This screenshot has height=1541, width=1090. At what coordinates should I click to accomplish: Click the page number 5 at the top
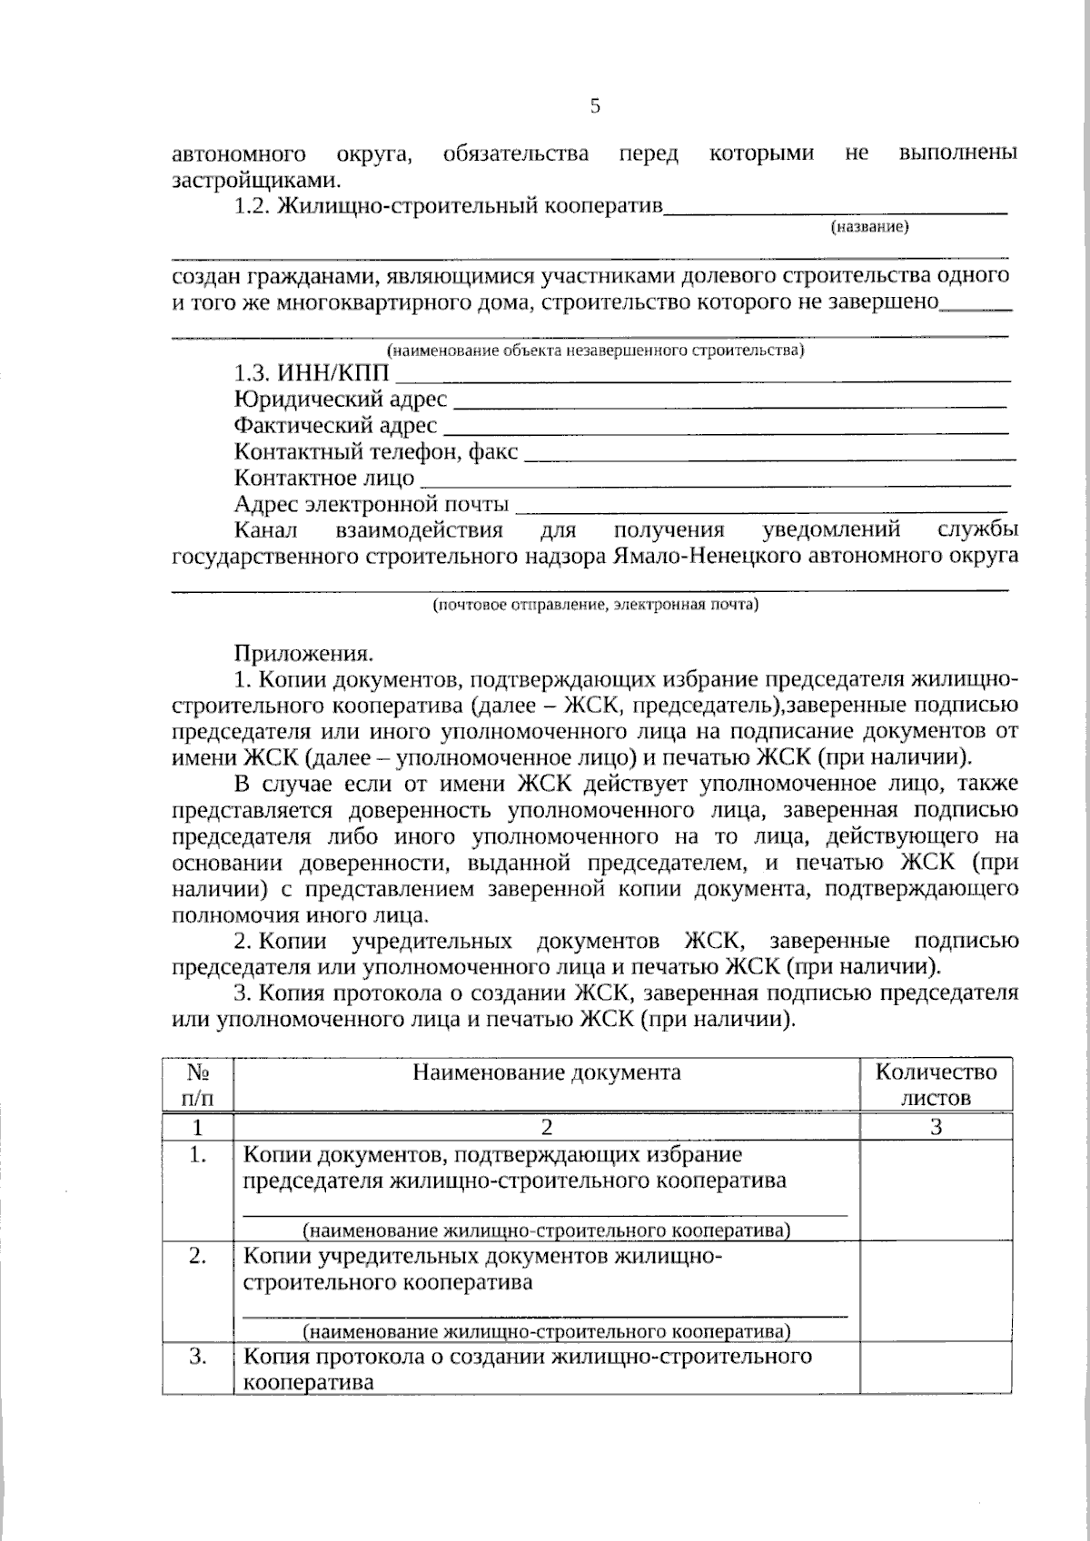tap(595, 106)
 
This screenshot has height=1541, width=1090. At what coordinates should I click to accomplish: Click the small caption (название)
tap(869, 227)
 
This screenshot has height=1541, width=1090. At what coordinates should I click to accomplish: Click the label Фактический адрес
tap(335, 425)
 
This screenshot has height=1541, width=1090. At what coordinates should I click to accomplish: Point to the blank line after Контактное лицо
tap(716, 484)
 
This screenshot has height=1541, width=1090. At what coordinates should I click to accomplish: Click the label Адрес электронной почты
tap(371, 504)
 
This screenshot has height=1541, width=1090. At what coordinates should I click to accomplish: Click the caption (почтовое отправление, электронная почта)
tap(595, 604)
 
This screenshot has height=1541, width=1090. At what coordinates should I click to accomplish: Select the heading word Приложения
tap(303, 653)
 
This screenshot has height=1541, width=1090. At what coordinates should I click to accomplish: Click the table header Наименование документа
tap(547, 1072)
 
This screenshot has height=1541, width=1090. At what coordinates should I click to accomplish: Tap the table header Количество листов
tap(936, 1084)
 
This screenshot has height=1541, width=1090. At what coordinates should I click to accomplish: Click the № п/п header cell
tap(198, 1084)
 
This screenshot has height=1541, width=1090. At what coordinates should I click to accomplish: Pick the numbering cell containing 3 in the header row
tap(936, 1127)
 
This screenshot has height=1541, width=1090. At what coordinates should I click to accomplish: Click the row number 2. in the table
tap(198, 1257)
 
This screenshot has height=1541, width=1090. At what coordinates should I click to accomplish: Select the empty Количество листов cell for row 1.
tap(936, 1190)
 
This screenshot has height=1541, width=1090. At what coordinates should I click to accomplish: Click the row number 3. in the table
tap(198, 1357)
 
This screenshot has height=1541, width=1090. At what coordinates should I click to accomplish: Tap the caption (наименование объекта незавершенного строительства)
tap(595, 350)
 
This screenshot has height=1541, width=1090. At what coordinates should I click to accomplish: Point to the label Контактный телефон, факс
tap(376, 451)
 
